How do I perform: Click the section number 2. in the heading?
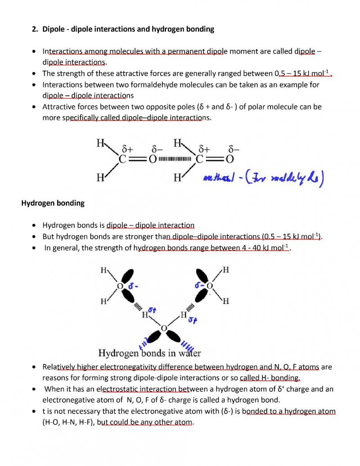pos(35,29)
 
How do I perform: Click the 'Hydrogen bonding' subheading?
pos(53,203)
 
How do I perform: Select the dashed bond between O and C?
pos(178,159)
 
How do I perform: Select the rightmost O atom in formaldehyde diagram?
pos(229,159)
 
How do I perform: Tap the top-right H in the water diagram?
pos(226,270)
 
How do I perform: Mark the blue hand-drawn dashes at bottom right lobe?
pos(188,347)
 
